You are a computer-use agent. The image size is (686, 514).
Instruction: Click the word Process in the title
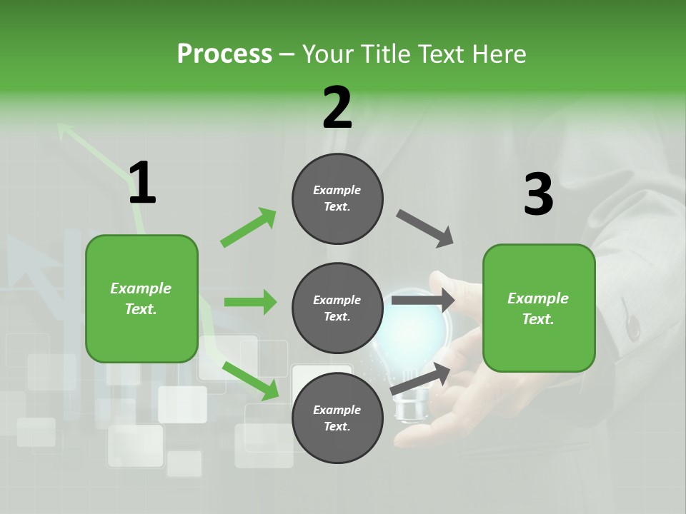(x=224, y=54)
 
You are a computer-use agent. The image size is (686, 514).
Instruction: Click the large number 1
(x=142, y=183)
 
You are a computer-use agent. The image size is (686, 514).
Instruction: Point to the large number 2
(x=337, y=108)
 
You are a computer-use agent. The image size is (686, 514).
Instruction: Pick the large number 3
(x=538, y=194)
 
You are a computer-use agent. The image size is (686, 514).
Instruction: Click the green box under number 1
(x=141, y=298)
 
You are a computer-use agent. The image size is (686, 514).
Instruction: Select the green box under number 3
(x=539, y=308)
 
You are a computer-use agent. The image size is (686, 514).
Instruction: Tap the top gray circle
(x=337, y=198)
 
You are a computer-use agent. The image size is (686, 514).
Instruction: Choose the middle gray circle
(x=337, y=308)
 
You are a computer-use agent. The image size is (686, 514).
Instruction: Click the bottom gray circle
(x=337, y=418)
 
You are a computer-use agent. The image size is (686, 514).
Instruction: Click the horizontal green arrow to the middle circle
(x=250, y=302)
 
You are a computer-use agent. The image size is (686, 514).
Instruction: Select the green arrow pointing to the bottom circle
(x=250, y=380)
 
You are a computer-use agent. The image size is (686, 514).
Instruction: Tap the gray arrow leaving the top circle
(x=425, y=228)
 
